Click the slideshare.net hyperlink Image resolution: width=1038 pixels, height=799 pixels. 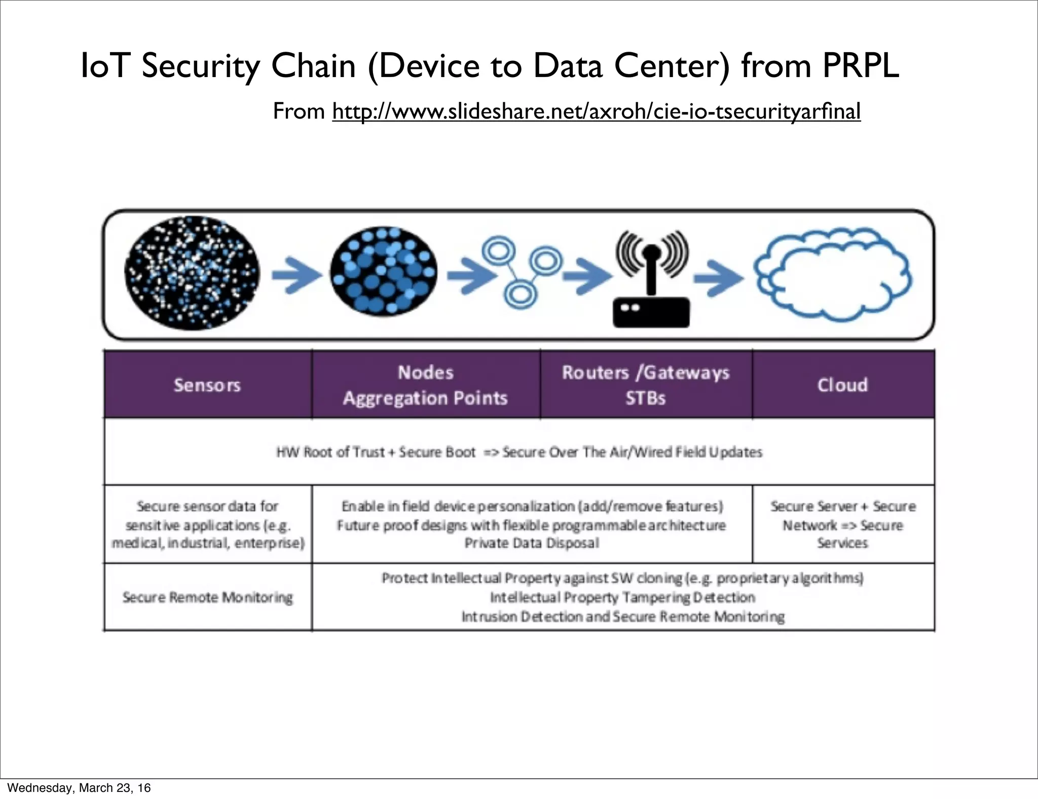596,112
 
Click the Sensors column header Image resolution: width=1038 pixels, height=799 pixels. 207,385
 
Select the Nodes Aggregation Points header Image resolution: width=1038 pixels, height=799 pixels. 425,385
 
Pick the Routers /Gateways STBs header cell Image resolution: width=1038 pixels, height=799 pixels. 645,385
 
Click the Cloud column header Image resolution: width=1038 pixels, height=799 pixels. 842,385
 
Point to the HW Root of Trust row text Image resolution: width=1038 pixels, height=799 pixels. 519,452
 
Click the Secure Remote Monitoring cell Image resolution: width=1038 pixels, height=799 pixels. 207,598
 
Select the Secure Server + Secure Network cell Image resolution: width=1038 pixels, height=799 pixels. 842,525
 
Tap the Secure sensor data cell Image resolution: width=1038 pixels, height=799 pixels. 207,525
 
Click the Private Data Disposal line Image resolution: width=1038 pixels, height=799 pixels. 532,543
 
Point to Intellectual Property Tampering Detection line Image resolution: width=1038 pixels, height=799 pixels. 622,598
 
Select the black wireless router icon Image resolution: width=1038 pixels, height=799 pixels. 651,281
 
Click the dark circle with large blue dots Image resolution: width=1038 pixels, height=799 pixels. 383,271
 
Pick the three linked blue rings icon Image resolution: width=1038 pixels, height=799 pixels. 521,270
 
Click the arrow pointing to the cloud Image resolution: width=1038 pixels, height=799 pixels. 719,278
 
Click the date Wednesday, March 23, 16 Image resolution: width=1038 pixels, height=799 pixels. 79,788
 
